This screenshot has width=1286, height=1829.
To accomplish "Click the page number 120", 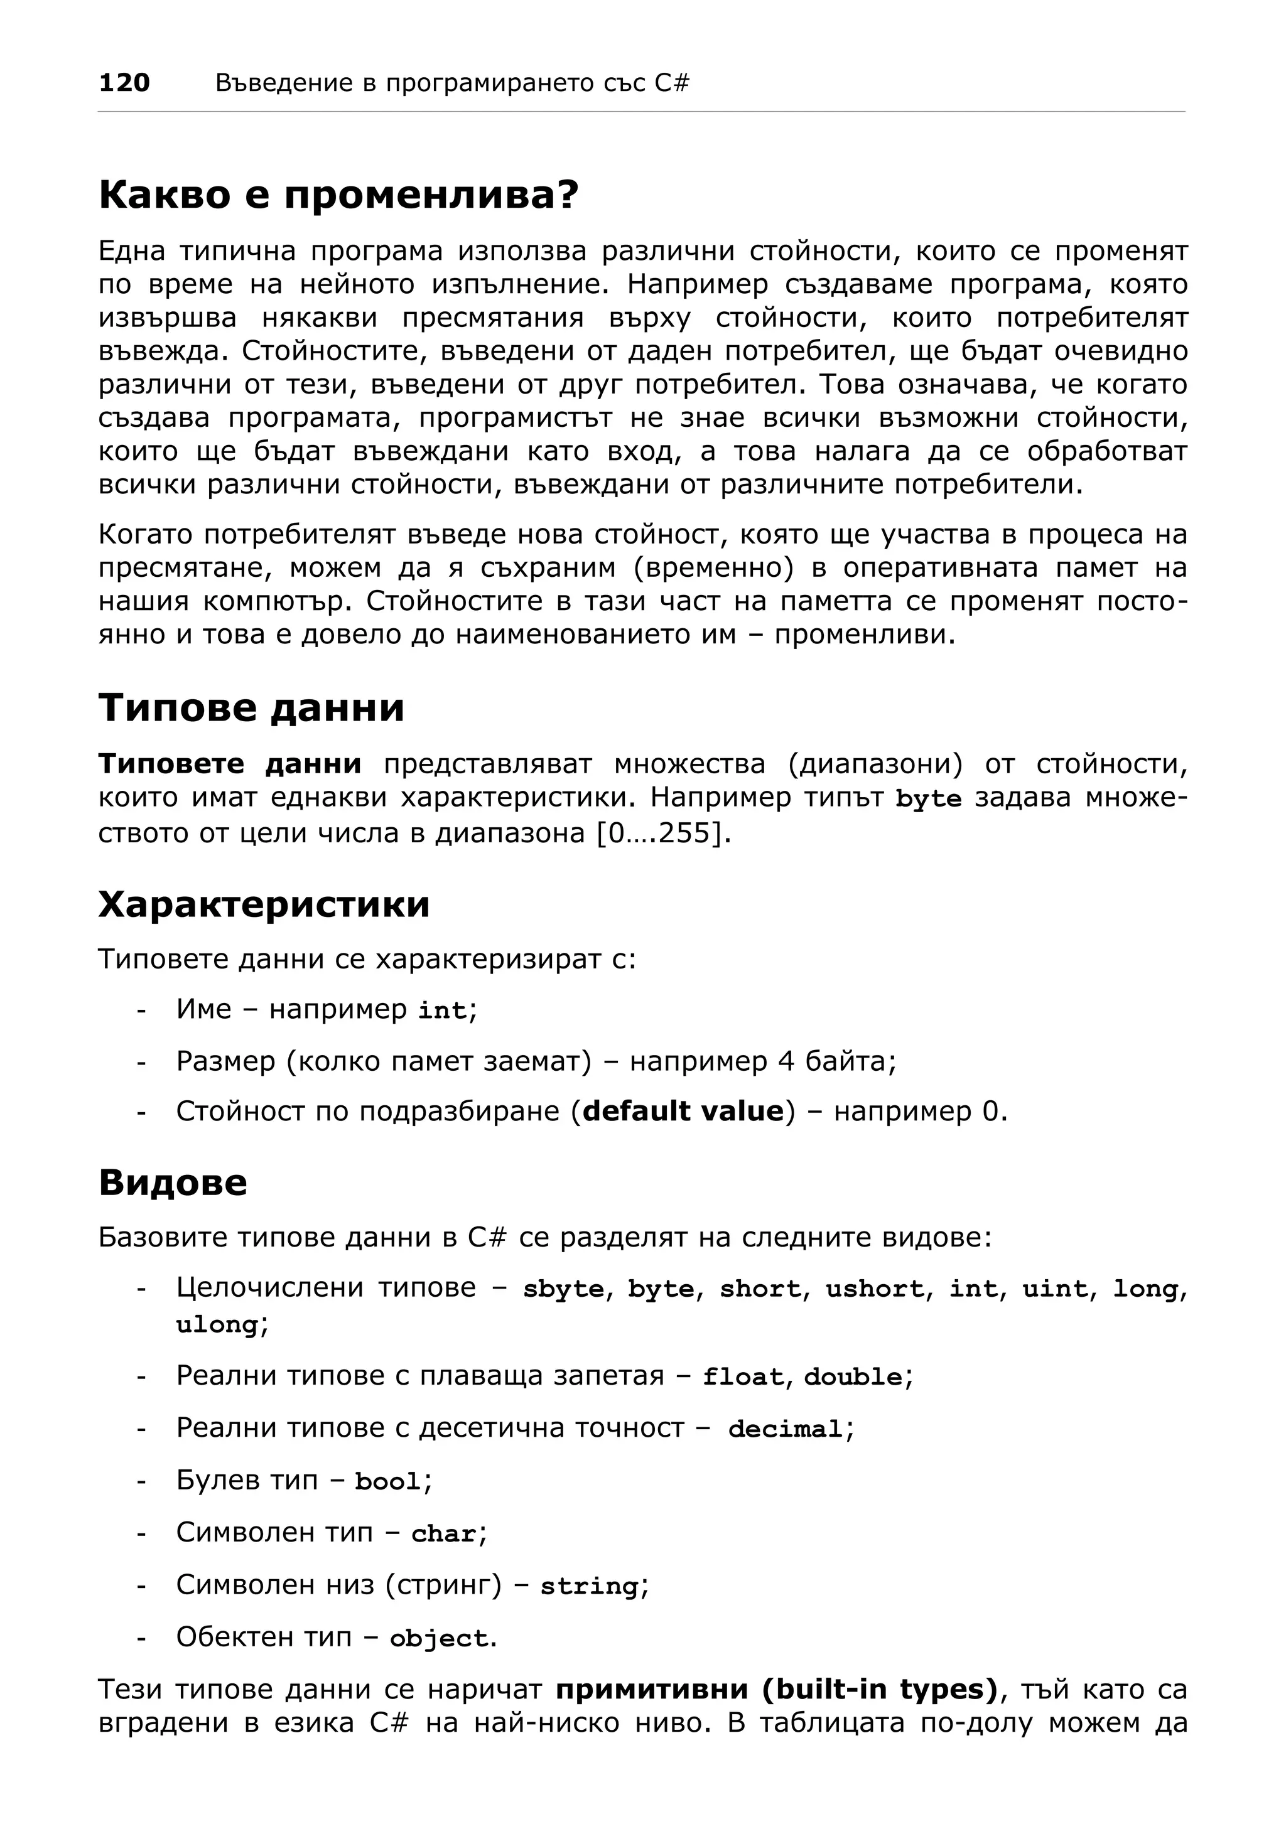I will [124, 82].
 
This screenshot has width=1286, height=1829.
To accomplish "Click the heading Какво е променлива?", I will [338, 195].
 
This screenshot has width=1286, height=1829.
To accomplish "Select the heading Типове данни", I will [251, 707].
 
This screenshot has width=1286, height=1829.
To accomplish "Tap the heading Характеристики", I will [264, 904].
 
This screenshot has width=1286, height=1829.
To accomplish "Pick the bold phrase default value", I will [684, 1110].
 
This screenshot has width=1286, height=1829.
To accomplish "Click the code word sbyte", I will [563, 1289].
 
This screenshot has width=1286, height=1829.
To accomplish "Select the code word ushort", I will [874, 1289].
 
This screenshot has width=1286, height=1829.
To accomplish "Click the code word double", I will [853, 1376].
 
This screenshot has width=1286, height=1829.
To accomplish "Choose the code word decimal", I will [785, 1429].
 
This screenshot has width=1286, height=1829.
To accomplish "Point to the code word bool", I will [387, 1482].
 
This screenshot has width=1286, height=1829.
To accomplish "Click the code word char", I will [444, 1533].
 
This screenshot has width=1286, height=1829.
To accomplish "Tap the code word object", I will [438, 1639].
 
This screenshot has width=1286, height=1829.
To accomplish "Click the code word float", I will [743, 1376].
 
